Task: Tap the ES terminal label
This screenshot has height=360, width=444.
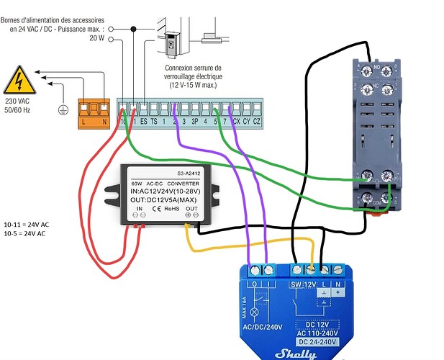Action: (143, 122)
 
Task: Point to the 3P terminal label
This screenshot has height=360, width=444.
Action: (194, 122)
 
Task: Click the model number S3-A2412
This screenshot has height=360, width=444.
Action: (187, 173)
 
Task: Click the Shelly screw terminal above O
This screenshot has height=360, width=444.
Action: (253, 270)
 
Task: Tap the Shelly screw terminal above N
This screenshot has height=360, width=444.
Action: (339, 270)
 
